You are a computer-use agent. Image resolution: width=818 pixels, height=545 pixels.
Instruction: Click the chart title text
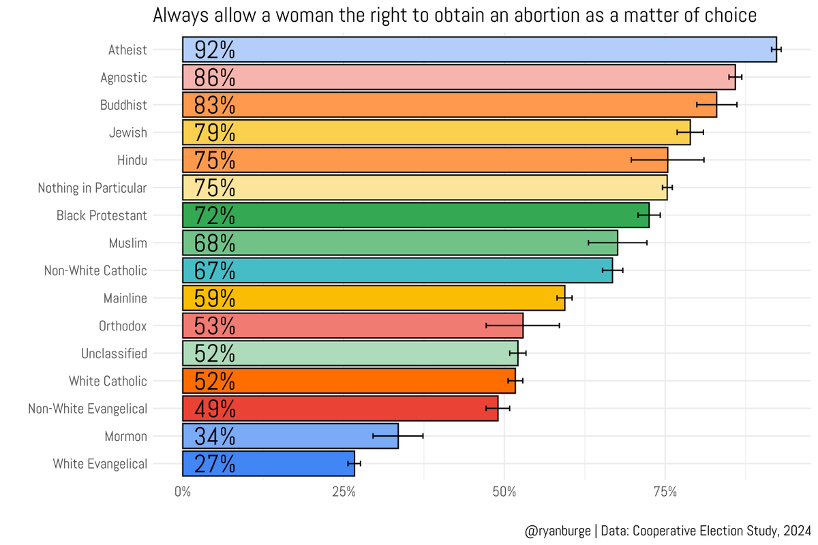pyautogui.click(x=455, y=16)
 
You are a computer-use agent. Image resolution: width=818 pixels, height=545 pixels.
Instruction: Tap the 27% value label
pyautogui.click(x=215, y=464)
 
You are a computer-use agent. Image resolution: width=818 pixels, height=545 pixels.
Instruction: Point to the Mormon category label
pyautogui.click(x=126, y=436)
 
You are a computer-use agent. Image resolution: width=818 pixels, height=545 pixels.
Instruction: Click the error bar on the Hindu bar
pyautogui.click(x=667, y=160)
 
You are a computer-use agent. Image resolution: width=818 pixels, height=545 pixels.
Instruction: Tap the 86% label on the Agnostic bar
pyautogui.click(x=215, y=78)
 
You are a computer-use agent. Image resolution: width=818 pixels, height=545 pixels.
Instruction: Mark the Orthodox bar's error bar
pyautogui.click(x=523, y=326)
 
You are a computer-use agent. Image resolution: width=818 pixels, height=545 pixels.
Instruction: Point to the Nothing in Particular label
pyautogui.click(x=93, y=188)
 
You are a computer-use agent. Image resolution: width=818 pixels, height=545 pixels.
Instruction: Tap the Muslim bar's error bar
pyautogui.click(x=618, y=243)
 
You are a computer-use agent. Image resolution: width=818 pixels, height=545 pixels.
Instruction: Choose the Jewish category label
pyautogui.click(x=128, y=133)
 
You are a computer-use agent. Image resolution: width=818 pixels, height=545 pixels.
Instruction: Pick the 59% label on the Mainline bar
pyautogui.click(x=215, y=298)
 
